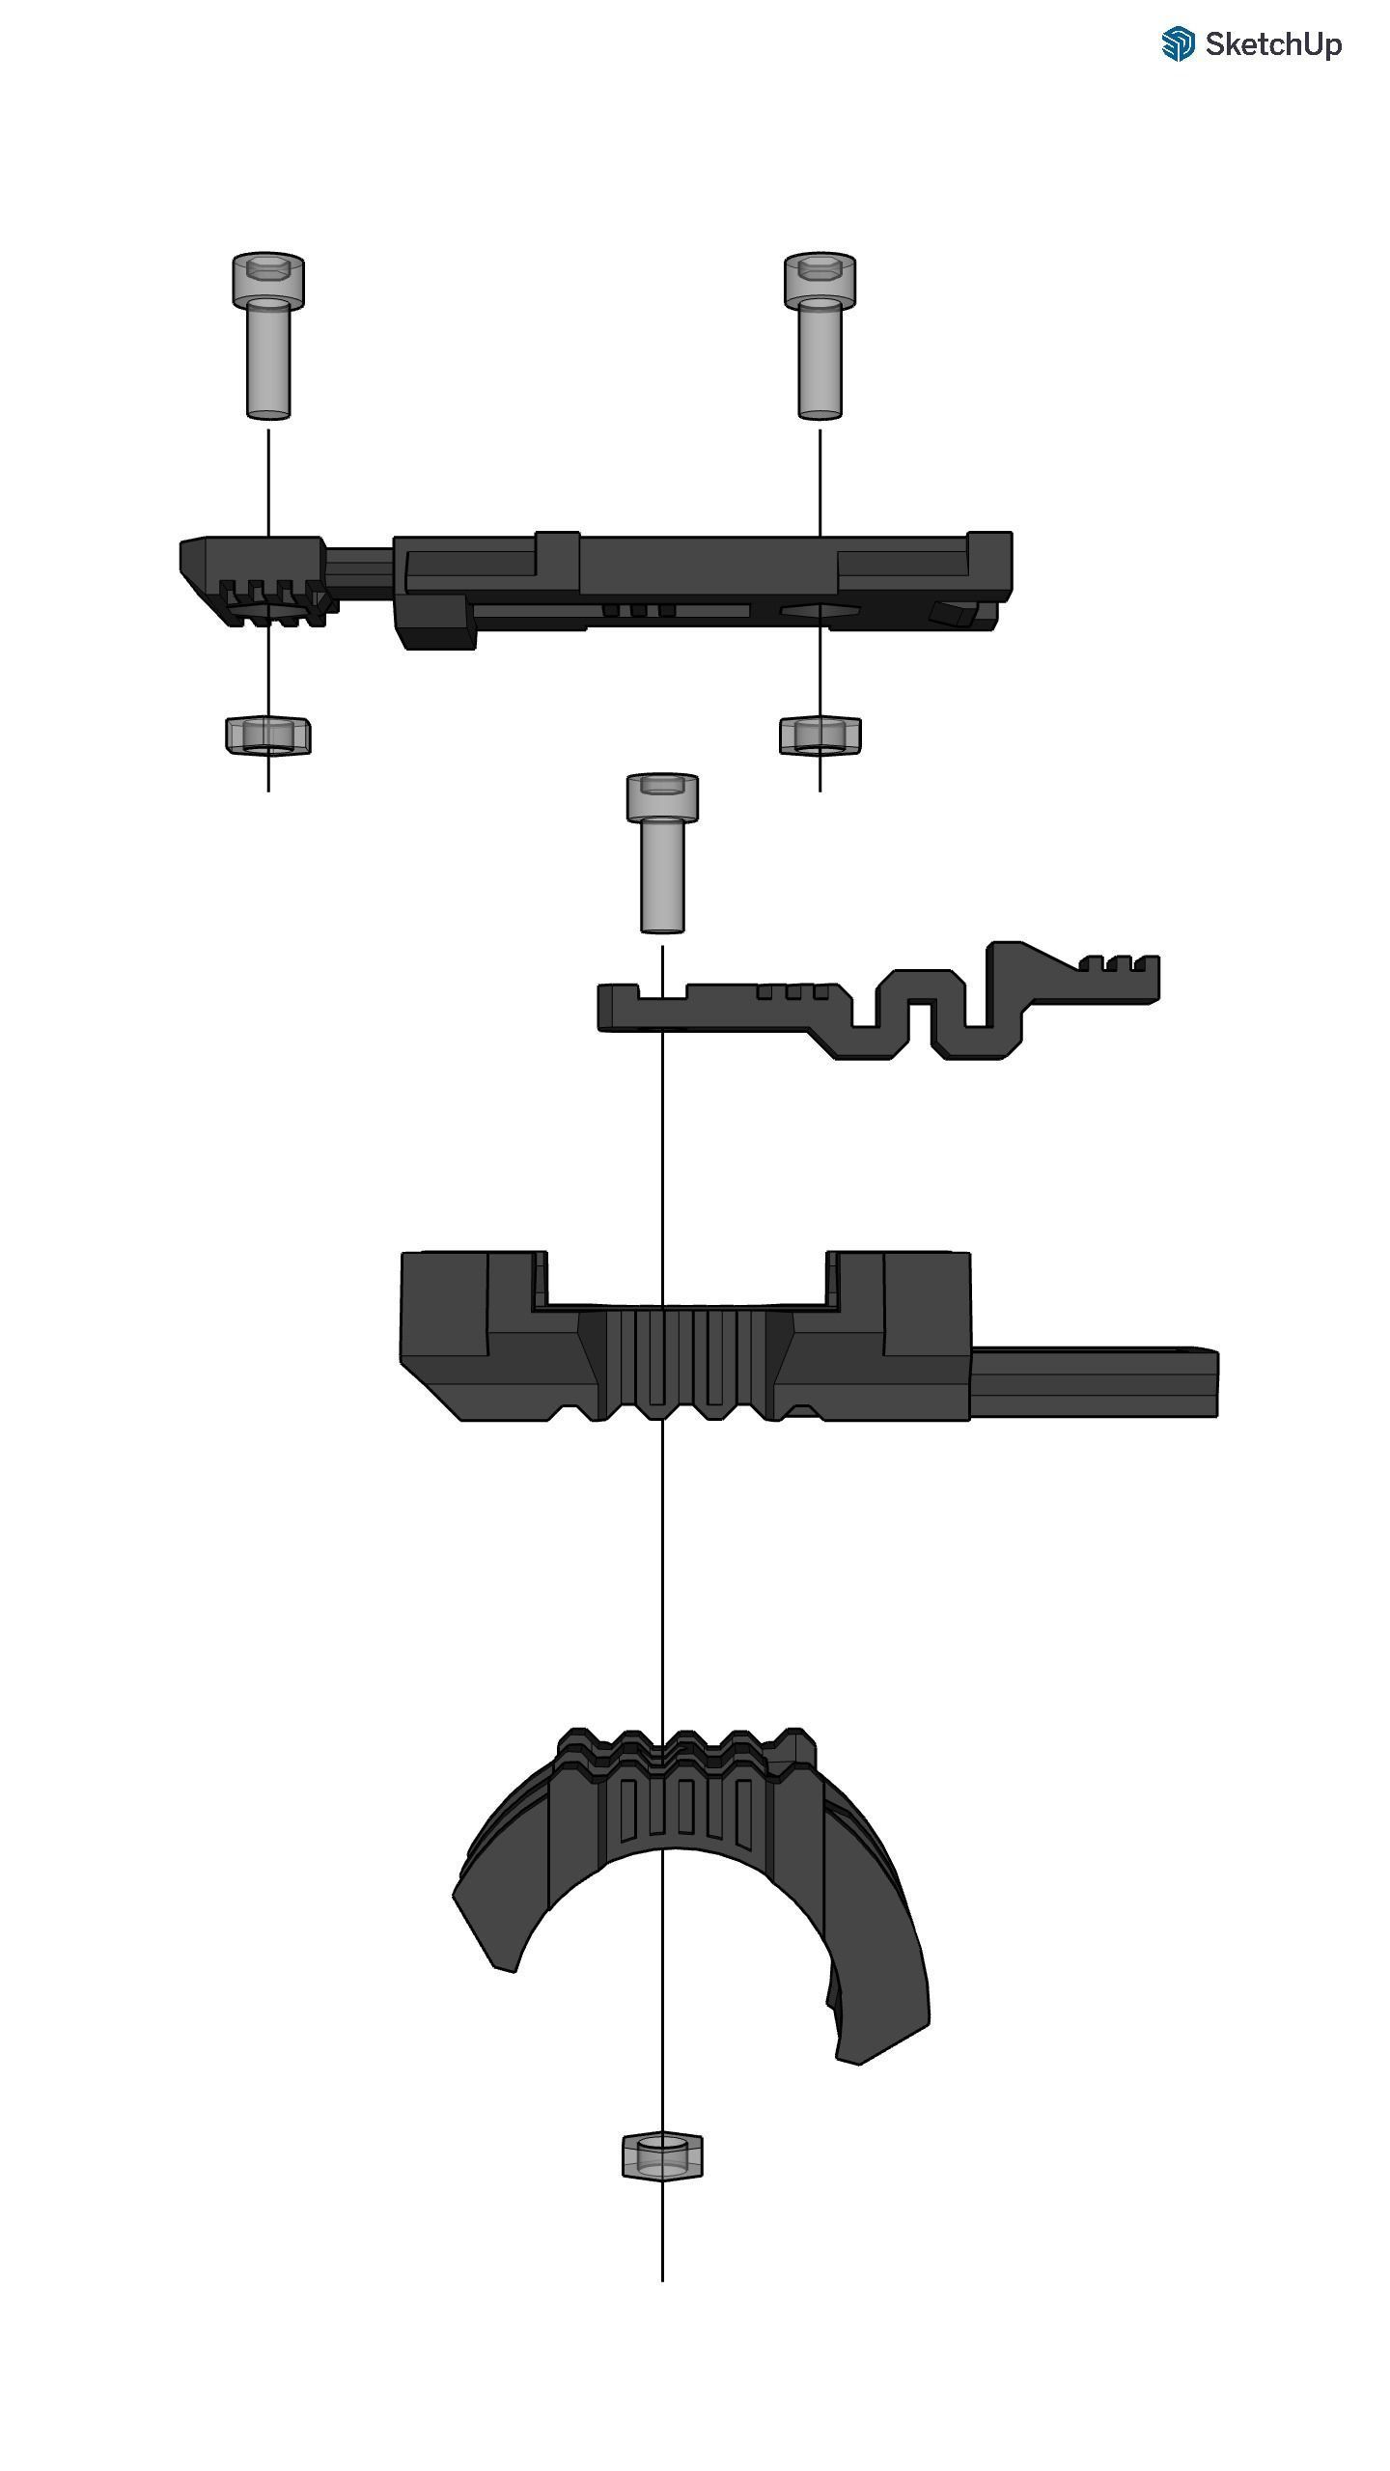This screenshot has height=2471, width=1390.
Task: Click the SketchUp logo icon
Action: [1178, 44]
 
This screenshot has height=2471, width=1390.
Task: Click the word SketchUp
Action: [1272, 44]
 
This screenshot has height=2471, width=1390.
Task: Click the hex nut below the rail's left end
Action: [267, 736]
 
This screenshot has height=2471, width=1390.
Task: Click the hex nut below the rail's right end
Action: [820, 736]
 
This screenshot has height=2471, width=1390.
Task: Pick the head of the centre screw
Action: [662, 797]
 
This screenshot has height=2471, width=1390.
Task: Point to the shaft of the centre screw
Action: [662, 878]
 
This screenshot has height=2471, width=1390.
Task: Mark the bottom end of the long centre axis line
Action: [662, 2280]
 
